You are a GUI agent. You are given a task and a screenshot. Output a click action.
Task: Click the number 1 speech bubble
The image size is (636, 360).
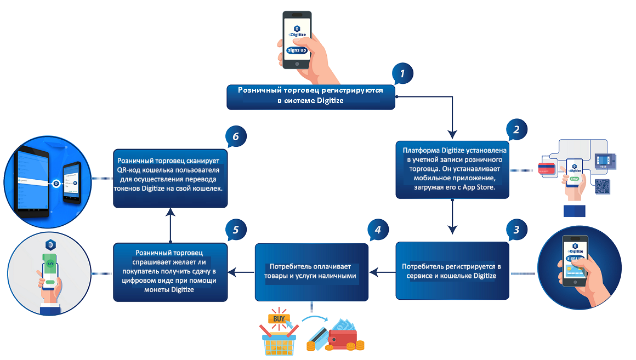click(x=402, y=73)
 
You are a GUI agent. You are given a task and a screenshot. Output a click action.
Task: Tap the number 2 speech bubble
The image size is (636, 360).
click(x=516, y=129)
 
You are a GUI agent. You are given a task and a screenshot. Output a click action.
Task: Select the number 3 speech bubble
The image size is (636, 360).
click(x=516, y=230)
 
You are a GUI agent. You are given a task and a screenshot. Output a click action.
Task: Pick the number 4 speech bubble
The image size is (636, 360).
click(x=378, y=230)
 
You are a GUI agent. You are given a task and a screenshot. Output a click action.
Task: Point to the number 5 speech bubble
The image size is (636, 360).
click(x=236, y=230)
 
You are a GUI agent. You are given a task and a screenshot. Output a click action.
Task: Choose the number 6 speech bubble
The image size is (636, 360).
click(x=236, y=136)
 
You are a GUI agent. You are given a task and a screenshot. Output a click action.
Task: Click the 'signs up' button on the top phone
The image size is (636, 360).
click(x=297, y=50)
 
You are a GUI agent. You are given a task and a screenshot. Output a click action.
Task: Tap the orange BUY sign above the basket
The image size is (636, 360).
click(x=279, y=319)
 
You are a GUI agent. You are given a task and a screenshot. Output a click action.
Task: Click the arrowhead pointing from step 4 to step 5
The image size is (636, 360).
click(x=232, y=272)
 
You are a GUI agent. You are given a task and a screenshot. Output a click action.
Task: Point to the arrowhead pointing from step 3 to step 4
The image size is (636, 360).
click(x=373, y=272)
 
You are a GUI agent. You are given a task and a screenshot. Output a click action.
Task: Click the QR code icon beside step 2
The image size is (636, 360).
click(x=603, y=187)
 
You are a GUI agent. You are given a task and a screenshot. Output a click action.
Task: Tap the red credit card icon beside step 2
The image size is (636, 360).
click(x=547, y=168)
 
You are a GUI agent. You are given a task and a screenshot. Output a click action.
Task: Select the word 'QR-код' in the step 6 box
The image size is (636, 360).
click(x=129, y=170)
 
